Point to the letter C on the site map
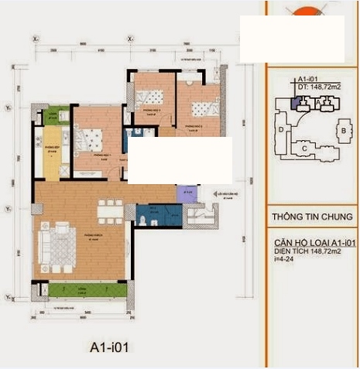click(305, 147)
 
